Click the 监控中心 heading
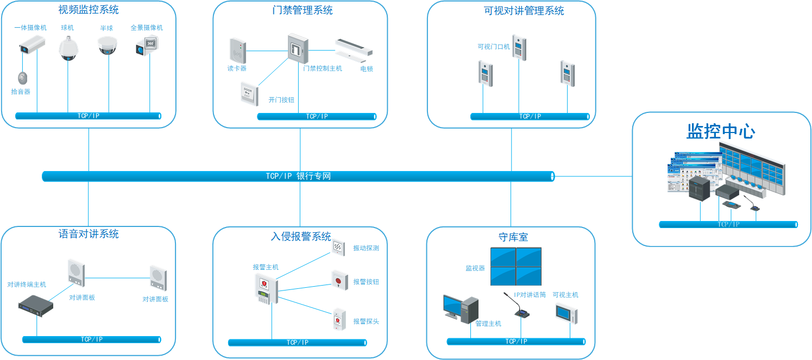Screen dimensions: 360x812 point(721,132)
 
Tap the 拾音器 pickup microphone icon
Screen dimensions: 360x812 point(22,78)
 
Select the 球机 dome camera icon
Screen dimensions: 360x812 point(68,49)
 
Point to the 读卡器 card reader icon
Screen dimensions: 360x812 point(237,51)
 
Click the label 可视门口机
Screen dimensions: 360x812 point(494,47)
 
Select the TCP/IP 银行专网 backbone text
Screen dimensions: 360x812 point(298,176)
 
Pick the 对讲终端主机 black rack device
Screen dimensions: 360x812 point(36,306)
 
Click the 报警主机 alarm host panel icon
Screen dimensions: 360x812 point(266,289)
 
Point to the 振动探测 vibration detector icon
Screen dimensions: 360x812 point(338,248)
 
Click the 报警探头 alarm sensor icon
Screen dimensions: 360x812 point(339,319)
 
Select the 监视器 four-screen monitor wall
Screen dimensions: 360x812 point(515,266)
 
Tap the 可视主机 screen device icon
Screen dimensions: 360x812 point(566,314)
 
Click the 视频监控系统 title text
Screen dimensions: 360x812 point(89,10)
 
